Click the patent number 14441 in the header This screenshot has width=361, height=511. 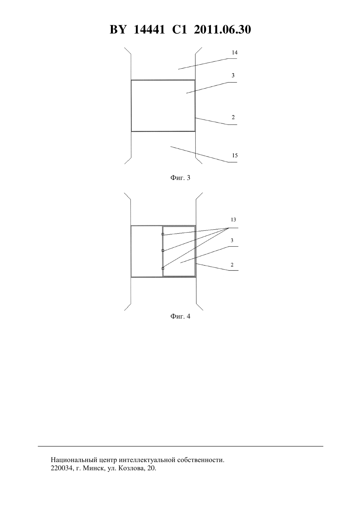pos(149,30)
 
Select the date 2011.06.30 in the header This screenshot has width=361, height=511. pos(223,30)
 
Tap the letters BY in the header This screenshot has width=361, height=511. pos(118,30)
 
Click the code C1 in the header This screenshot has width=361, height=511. pos(180,30)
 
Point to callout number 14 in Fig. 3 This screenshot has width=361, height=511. pos(235,53)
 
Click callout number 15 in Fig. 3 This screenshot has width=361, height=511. pos(235,156)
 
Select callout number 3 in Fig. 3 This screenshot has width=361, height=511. pos(233,76)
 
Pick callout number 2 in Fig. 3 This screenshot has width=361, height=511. pos(233,117)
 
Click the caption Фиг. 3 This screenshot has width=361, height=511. pos(180,178)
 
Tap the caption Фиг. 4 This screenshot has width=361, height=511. pos(180,316)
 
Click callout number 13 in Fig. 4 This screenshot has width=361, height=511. pos(233,220)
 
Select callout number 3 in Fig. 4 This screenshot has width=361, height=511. pos(232,240)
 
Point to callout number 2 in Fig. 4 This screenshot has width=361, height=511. pos(232,265)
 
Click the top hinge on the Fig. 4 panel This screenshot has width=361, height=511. pos(163,234)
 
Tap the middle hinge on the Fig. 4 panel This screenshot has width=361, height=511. pos(163,251)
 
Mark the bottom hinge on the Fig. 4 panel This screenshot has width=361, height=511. pos(163,268)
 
